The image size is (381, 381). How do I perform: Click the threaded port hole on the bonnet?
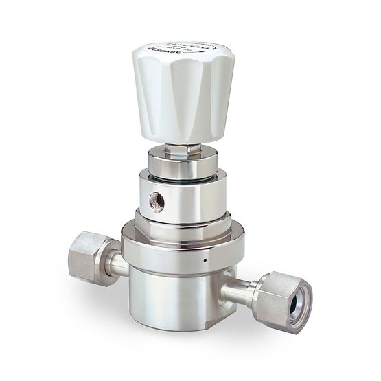pyautogui.click(x=157, y=202)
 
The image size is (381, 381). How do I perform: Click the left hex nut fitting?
pyautogui.click(x=87, y=257)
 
